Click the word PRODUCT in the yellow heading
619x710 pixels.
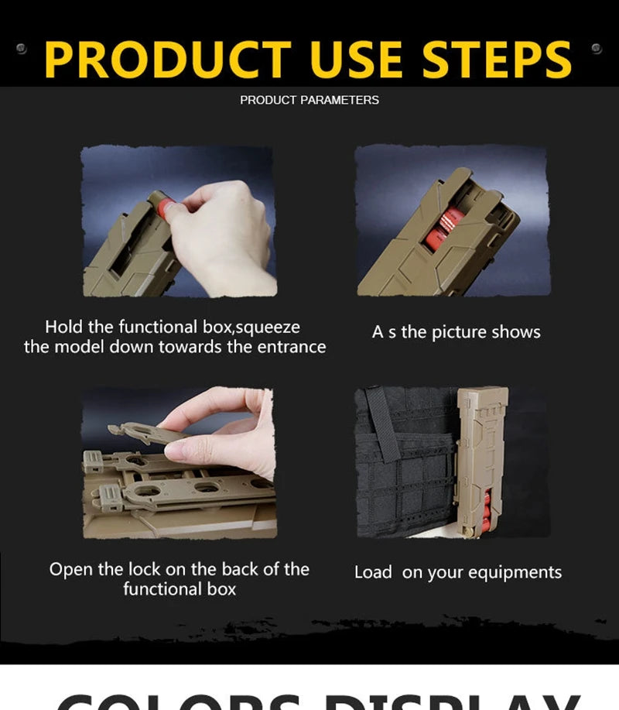(x=167, y=60)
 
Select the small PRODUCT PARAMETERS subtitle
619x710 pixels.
(x=309, y=100)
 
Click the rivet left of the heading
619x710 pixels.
(x=22, y=48)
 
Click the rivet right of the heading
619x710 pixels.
(x=596, y=48)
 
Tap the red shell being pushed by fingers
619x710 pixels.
(x=164, y=208)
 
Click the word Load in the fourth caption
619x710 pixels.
(x=373, y=573)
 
